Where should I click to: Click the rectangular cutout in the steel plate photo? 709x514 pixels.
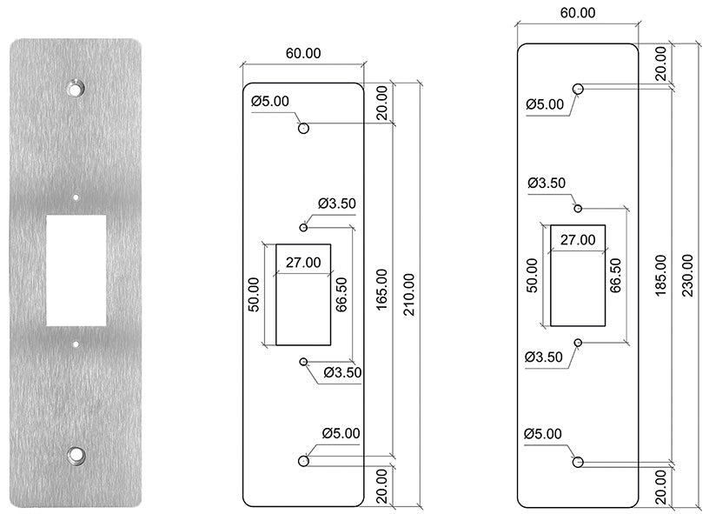77,270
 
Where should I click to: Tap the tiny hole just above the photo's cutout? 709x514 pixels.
77,197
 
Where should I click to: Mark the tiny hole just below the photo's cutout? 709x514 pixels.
77,344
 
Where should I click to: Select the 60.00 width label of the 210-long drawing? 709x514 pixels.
302,53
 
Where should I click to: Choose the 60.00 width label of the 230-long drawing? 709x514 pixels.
577,12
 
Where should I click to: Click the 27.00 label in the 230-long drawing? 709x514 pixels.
577,240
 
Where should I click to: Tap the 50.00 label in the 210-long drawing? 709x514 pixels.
254,294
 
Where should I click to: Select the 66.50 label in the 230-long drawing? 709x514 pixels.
615,277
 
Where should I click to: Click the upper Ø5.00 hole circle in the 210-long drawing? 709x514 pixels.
303,129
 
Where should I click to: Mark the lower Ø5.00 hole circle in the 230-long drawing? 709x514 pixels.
578,460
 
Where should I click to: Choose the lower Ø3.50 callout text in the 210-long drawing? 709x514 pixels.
341,373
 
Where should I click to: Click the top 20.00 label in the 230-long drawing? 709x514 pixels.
662,63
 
